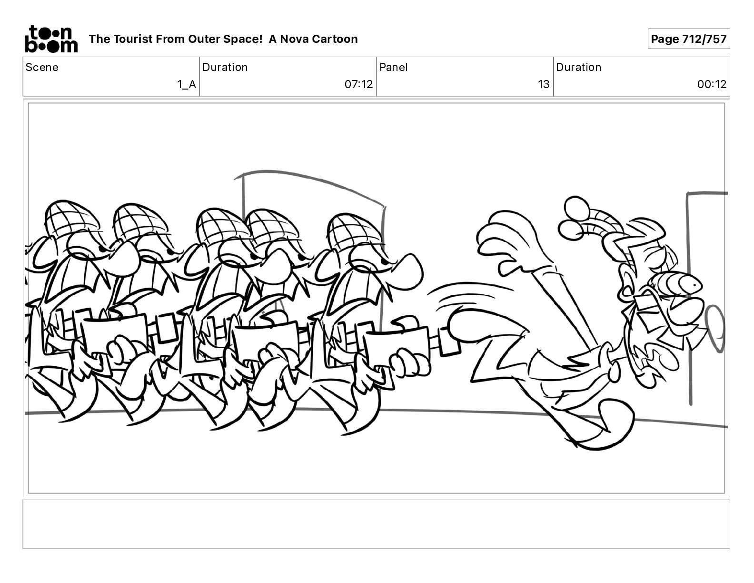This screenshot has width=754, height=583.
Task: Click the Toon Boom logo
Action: click(51, 39)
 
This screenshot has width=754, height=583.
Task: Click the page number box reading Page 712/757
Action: click(688, 39)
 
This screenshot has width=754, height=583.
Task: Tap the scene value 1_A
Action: click(187, 84)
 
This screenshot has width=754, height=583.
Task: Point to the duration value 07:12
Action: click(358, 84)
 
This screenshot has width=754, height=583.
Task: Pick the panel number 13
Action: click(544, 84)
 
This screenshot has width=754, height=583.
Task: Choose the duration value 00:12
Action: click(712, 84)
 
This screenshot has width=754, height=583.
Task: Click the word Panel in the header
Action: click(394, 67)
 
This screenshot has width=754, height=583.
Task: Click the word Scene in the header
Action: click(42, 67)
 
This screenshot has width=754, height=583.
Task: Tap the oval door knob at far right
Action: click(716, 329)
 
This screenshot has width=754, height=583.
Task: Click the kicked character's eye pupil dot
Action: click(694, 285)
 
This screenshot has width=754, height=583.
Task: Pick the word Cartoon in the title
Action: click(336, 39)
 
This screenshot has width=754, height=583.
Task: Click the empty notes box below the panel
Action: click(377, 524)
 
